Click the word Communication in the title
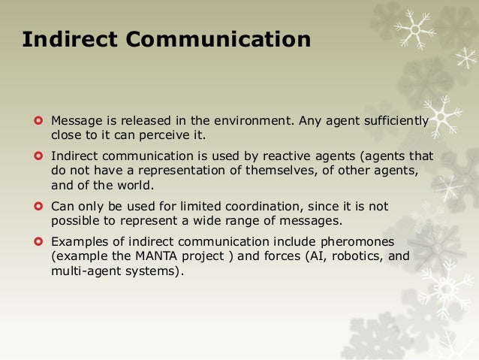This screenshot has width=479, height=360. coord(218,39)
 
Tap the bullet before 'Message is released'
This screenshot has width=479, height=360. coord(38,120)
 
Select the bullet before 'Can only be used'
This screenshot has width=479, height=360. coord(38,205)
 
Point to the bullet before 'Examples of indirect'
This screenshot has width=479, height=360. coord(38,241)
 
